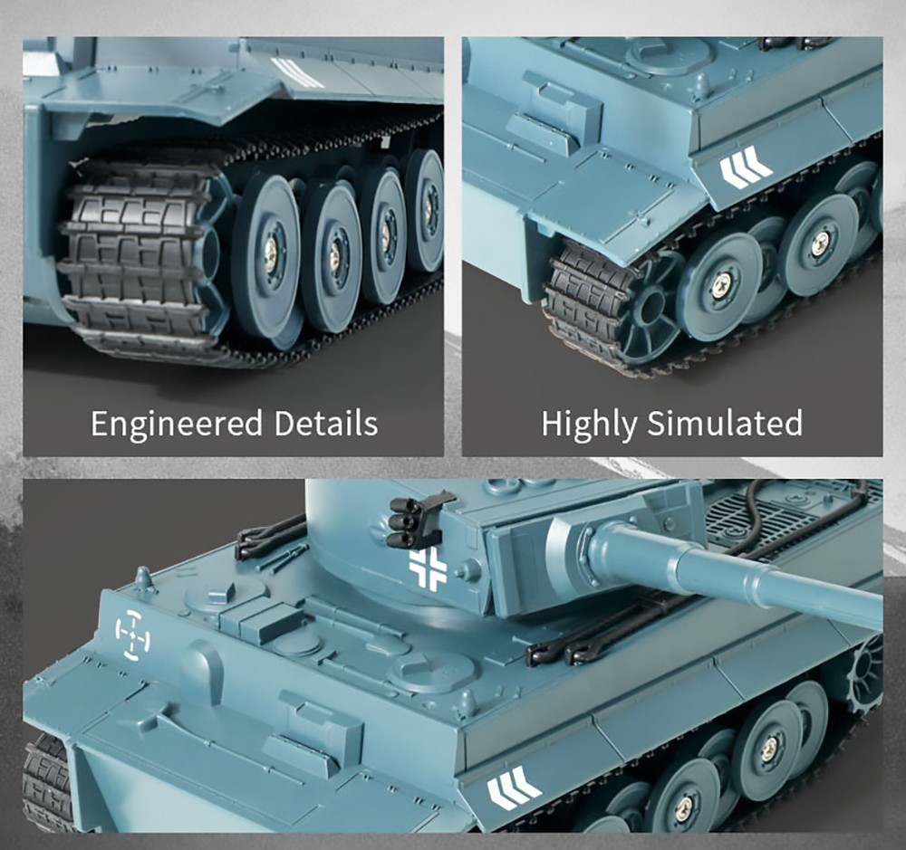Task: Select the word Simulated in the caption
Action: (725, 424)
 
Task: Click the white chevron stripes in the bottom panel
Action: (513, 788)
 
